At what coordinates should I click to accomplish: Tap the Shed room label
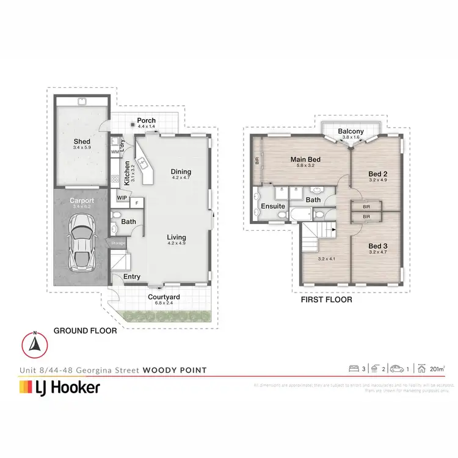pyautogui.click(x=82, y=142)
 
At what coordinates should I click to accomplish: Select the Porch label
pyautogui.click(x=145, y=120)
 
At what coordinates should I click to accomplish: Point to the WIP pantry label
pyautogui.click(x=122, y=198)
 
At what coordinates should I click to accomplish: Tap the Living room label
pyautogui.click(x=176, y=238)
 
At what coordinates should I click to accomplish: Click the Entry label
pyautogui.click(x=132, y=277)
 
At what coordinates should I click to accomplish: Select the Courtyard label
pyautogui.click(x=163, y=297)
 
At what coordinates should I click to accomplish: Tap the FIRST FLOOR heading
pyautogui.click(x=326, y=300)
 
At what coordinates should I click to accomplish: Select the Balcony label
pyautogui.click(x=351, y=131)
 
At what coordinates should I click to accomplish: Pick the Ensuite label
pyautogui.click(x=273, y=206)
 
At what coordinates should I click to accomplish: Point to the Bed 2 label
pyautogui.click(x=378, y=174)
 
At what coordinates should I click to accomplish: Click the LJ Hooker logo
pyautogui.click(x=60, y=387)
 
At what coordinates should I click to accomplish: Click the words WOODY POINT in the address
pyautogui.click(x=175, y=370)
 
